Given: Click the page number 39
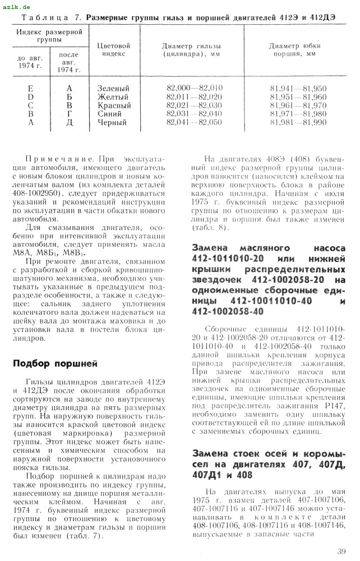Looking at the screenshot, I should pos(342,551).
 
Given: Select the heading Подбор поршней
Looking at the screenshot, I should pos(55,364).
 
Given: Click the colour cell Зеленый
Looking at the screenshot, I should pos(113,89).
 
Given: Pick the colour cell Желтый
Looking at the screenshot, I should pos(113,97).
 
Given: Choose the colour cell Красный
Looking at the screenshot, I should pos(114,105).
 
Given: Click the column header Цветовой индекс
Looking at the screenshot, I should pos(113,49).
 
